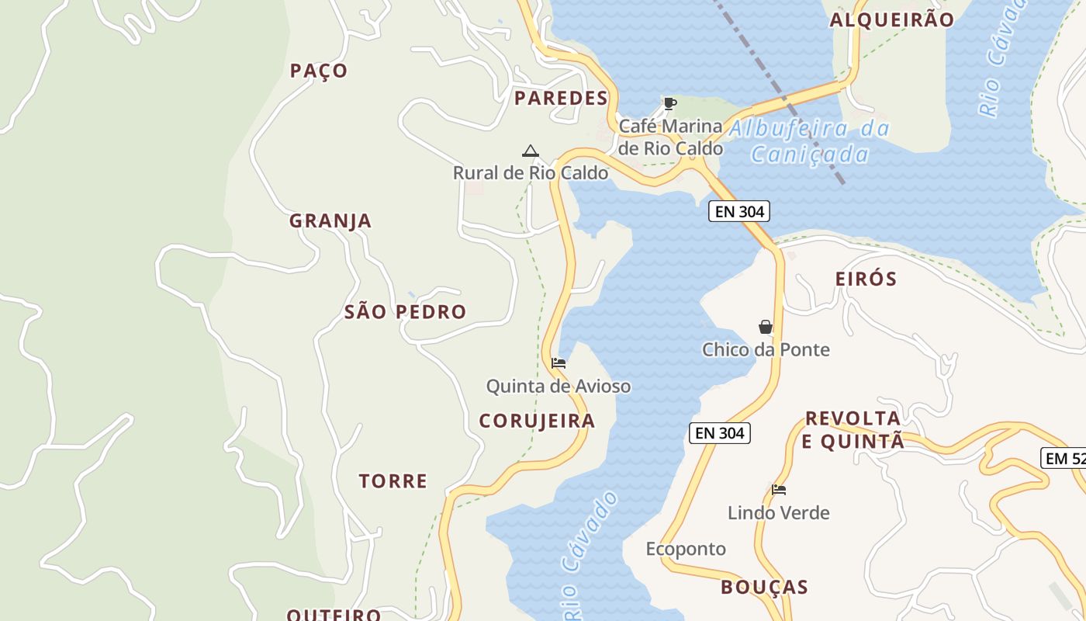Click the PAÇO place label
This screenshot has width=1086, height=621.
(x=319, y=71)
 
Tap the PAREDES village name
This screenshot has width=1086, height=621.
(x=561, y=98)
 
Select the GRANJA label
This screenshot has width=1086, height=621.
(x=330, y=221)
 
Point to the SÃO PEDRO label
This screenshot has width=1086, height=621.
(x=405, y=312)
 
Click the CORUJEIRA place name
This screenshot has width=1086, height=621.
(x=537, y=421)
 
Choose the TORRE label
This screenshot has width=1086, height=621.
(x=393, y=481)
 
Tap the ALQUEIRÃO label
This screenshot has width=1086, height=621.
(x=892, y=20)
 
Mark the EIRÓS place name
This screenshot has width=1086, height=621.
(x=866, y=279)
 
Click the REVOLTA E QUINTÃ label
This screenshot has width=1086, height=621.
(x=854, y=430)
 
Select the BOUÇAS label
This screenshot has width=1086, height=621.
(x=764, y=587)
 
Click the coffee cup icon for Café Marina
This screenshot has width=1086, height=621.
(x=670, y=103)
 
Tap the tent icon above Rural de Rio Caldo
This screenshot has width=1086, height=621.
(x=531, y=151)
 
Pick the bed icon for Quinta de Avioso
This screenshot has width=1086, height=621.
(x=559, y=363)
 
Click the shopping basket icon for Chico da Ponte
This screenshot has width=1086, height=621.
(x=766, y=327)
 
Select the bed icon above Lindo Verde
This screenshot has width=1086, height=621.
(x=779, y=490)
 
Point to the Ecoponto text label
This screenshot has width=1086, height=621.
(x=686, y=549)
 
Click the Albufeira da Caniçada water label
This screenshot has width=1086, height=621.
(x=810, y=141)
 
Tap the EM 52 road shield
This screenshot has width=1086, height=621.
(x=1065, y=458)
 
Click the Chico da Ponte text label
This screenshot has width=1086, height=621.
(x=766, y=349)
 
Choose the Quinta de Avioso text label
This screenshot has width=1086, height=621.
(x=559, y=386)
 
